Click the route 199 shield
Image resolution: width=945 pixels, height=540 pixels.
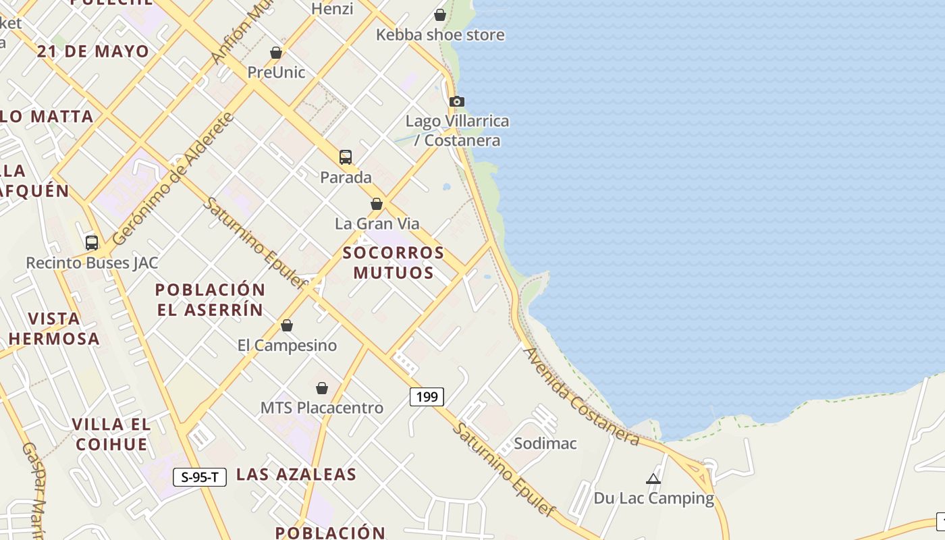427,397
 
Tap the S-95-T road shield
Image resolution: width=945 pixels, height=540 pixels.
199,477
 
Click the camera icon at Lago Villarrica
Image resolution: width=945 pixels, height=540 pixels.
457,102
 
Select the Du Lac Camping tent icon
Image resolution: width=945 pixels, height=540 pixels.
653,479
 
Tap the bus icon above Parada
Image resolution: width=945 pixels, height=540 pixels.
346,157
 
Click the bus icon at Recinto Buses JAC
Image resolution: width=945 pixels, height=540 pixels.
92,243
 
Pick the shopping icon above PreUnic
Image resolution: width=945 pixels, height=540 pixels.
275,53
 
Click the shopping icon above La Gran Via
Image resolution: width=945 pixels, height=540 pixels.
377,204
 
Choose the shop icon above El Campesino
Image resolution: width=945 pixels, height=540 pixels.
287,326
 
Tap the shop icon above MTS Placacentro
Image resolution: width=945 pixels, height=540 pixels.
322,388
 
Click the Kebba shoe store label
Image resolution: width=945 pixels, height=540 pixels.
440,34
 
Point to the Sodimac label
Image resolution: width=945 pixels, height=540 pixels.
545,443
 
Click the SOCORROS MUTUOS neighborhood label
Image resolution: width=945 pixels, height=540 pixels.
394,263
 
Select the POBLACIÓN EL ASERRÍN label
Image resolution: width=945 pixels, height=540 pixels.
210,300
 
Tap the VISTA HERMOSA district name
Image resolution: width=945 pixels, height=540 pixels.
54,329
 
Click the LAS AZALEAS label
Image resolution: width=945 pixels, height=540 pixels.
296,475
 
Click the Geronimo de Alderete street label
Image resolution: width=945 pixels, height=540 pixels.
173,179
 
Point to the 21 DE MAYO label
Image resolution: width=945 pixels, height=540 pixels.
93,52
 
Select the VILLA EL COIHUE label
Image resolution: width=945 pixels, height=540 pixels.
111,434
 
